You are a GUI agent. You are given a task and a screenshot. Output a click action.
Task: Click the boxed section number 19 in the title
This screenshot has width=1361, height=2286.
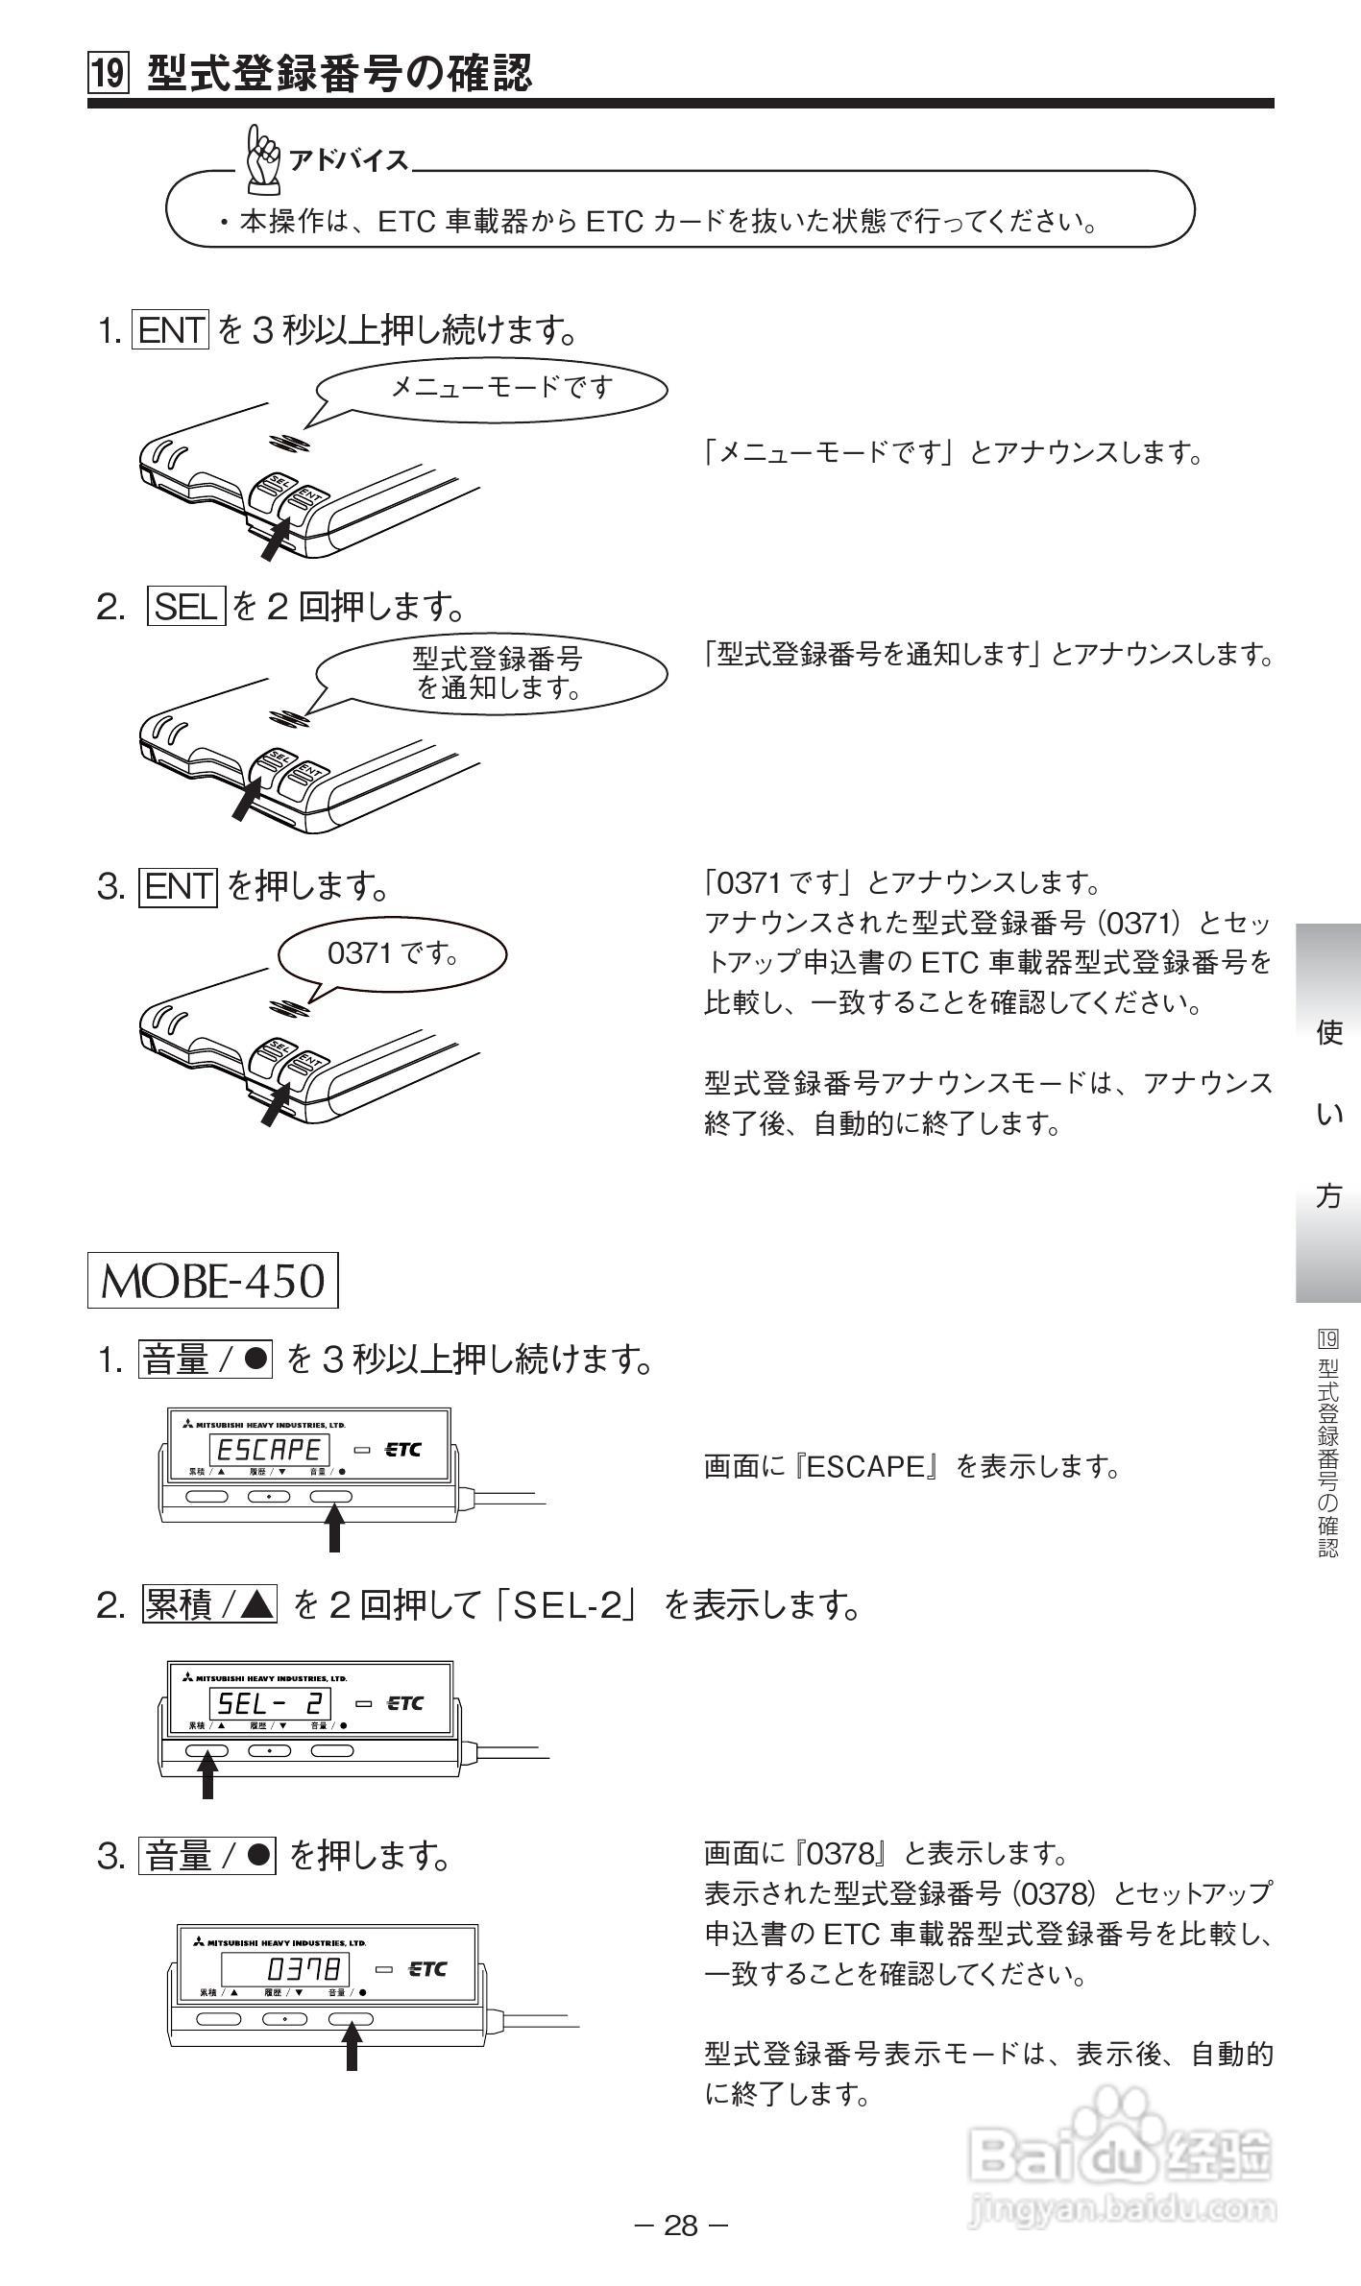(108, 74)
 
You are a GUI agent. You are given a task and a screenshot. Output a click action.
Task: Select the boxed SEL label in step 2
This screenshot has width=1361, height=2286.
(186, 606)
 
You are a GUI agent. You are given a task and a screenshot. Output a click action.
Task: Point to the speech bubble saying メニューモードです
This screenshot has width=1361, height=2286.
(492, 387)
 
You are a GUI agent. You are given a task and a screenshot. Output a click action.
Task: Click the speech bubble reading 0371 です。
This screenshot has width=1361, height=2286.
(392, 953)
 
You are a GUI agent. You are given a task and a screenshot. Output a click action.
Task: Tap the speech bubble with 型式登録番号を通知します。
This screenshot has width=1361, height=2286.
(492, 673)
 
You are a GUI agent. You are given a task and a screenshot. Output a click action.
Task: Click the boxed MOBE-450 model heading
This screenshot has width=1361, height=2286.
(213, 1281)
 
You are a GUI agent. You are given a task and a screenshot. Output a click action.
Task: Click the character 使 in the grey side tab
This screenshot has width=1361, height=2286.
(1329, 1033)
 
